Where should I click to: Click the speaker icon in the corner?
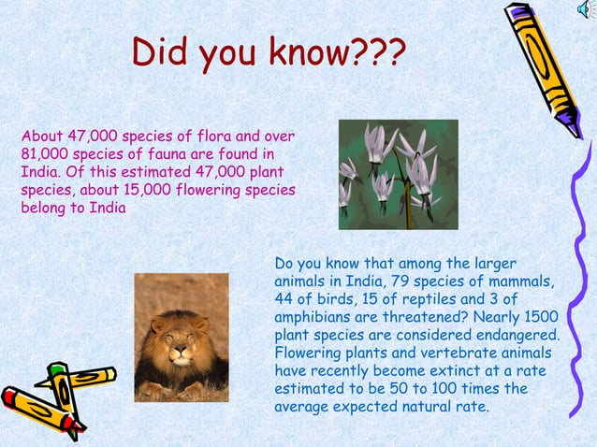(586, 8)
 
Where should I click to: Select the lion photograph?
(181, 338)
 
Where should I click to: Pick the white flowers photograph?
(386, 174)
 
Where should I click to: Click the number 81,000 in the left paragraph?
(42, 153)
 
